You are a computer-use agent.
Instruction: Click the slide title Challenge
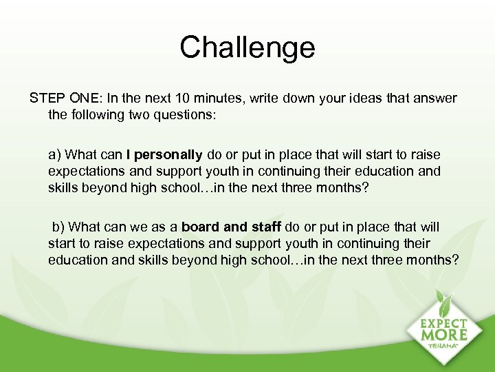pyautogui.click(x=247, y=47)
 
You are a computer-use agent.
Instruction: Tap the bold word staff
pyautogui.click(x=264, y=227)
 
